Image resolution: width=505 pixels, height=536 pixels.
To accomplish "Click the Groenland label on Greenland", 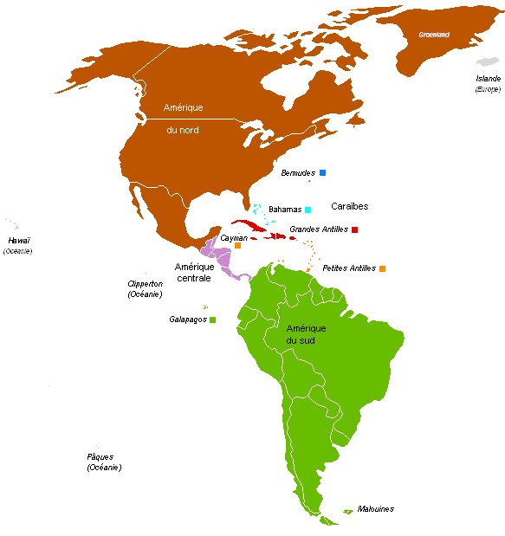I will click(433, 35).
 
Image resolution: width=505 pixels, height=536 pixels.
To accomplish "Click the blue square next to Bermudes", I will click(322, 173).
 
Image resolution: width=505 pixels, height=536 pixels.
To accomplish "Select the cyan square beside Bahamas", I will click(308, 210).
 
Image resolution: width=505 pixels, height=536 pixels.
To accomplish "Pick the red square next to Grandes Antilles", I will click(355, 229).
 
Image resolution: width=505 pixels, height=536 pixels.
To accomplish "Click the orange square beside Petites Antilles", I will click(382, 268).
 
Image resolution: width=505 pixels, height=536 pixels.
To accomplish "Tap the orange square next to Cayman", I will click(237, 246).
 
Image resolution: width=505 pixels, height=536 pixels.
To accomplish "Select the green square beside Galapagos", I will click(213, 320).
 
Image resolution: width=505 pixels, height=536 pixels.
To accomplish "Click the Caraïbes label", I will click(350, 206).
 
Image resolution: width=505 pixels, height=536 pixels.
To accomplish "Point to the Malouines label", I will click(375, 509).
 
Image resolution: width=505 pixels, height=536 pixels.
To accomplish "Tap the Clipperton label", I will click(145, 284).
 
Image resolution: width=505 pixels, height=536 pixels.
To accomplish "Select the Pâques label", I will click(100, 457).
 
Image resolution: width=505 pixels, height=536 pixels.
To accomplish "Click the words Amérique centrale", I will click(193, 272).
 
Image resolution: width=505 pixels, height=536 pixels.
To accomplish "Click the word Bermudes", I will click(298, 173).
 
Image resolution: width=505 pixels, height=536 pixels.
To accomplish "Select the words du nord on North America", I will click(183, 130).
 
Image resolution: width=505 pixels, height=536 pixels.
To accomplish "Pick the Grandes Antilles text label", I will click(319, 229).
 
